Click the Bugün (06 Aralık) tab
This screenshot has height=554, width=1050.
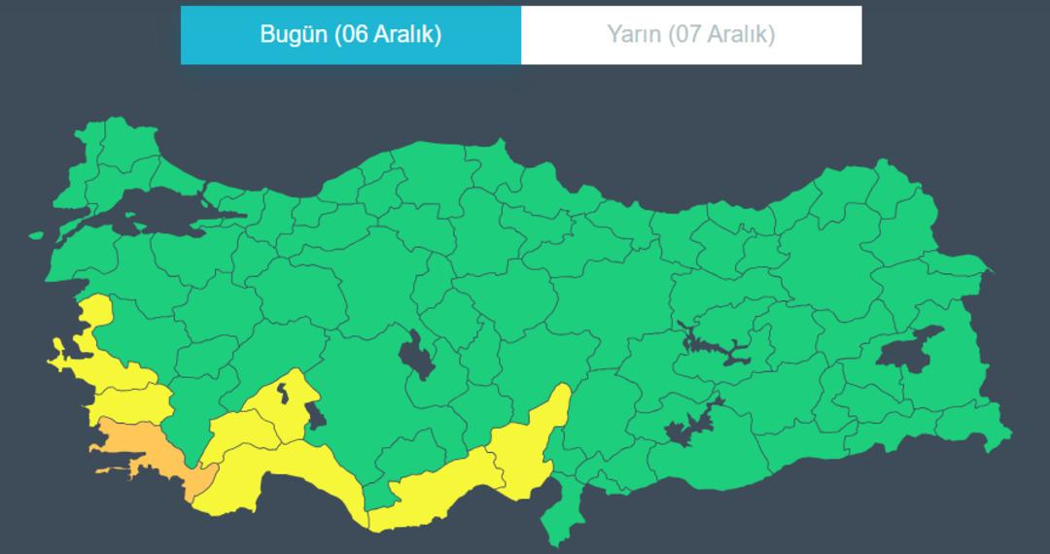click(351, 35)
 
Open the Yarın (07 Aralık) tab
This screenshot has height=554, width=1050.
click(691, 35)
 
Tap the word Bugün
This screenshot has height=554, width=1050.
click(294, 35)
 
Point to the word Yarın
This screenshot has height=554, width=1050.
click(633, 35)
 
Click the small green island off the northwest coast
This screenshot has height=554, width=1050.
click(36, 235)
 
